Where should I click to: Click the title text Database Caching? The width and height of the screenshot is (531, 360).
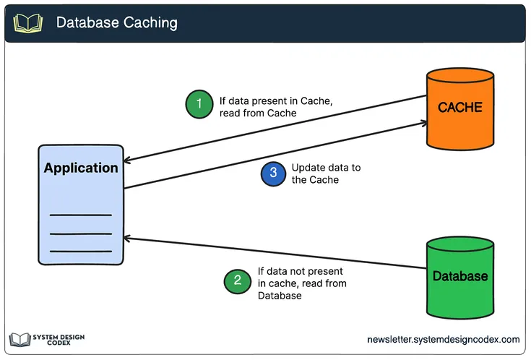pos(116,22)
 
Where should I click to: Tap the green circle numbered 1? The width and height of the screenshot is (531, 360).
pos(199,104)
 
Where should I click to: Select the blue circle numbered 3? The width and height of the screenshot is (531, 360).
pos(273,173)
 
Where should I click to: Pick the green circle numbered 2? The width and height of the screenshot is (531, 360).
pos(238,280)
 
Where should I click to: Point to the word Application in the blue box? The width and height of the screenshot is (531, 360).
pos(81,168)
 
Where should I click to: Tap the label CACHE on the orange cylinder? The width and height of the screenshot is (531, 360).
pos(460,108)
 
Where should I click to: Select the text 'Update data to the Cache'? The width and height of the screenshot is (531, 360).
pos(325,173)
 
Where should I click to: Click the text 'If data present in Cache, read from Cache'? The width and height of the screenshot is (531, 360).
pos(275,106)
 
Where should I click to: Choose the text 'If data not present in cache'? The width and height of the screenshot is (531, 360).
pos(302,278)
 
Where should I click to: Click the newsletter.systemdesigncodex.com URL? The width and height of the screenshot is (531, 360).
pos(443,340)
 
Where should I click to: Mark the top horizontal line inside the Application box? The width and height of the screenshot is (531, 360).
pos(80,215)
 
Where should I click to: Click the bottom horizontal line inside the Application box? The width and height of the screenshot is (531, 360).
pos(80,251)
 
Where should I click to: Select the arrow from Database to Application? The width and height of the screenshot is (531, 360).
pos(275,253)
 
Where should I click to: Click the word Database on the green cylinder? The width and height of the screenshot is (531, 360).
pos(460,276)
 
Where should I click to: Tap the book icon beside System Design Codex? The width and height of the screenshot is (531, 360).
pos(20,340)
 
